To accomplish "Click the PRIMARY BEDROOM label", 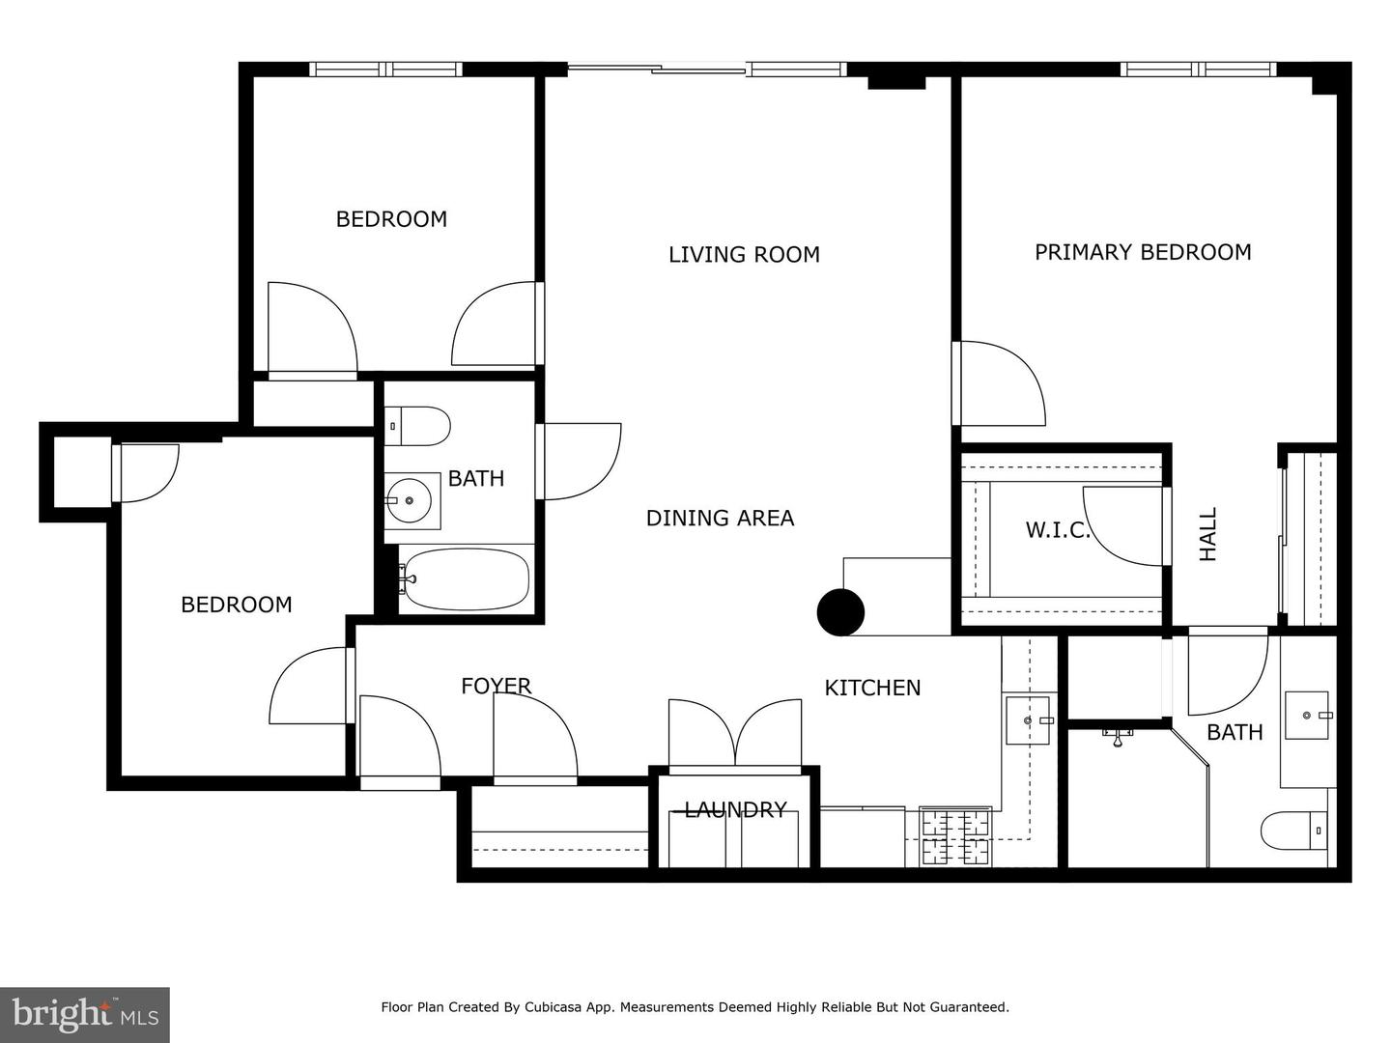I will (1143, 252).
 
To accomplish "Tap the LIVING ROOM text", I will (744, 255).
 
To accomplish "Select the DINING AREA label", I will (720, 519).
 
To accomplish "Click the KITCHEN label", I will (872, 688).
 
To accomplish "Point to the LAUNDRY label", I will (735, 809).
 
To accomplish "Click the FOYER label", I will (496, 686).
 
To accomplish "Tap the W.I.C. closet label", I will (1057, 530).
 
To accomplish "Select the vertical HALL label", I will (1208, 534).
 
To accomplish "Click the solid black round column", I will (840, 611).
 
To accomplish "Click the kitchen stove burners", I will (955, 836).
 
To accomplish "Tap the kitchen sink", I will (1028, 720).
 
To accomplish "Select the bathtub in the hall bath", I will (466, 579).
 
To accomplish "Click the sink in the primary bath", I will (1308, 715).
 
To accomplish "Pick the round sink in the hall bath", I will (410, 501).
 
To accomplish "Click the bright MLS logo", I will (84, 1014).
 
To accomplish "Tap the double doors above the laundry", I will (735, 734).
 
